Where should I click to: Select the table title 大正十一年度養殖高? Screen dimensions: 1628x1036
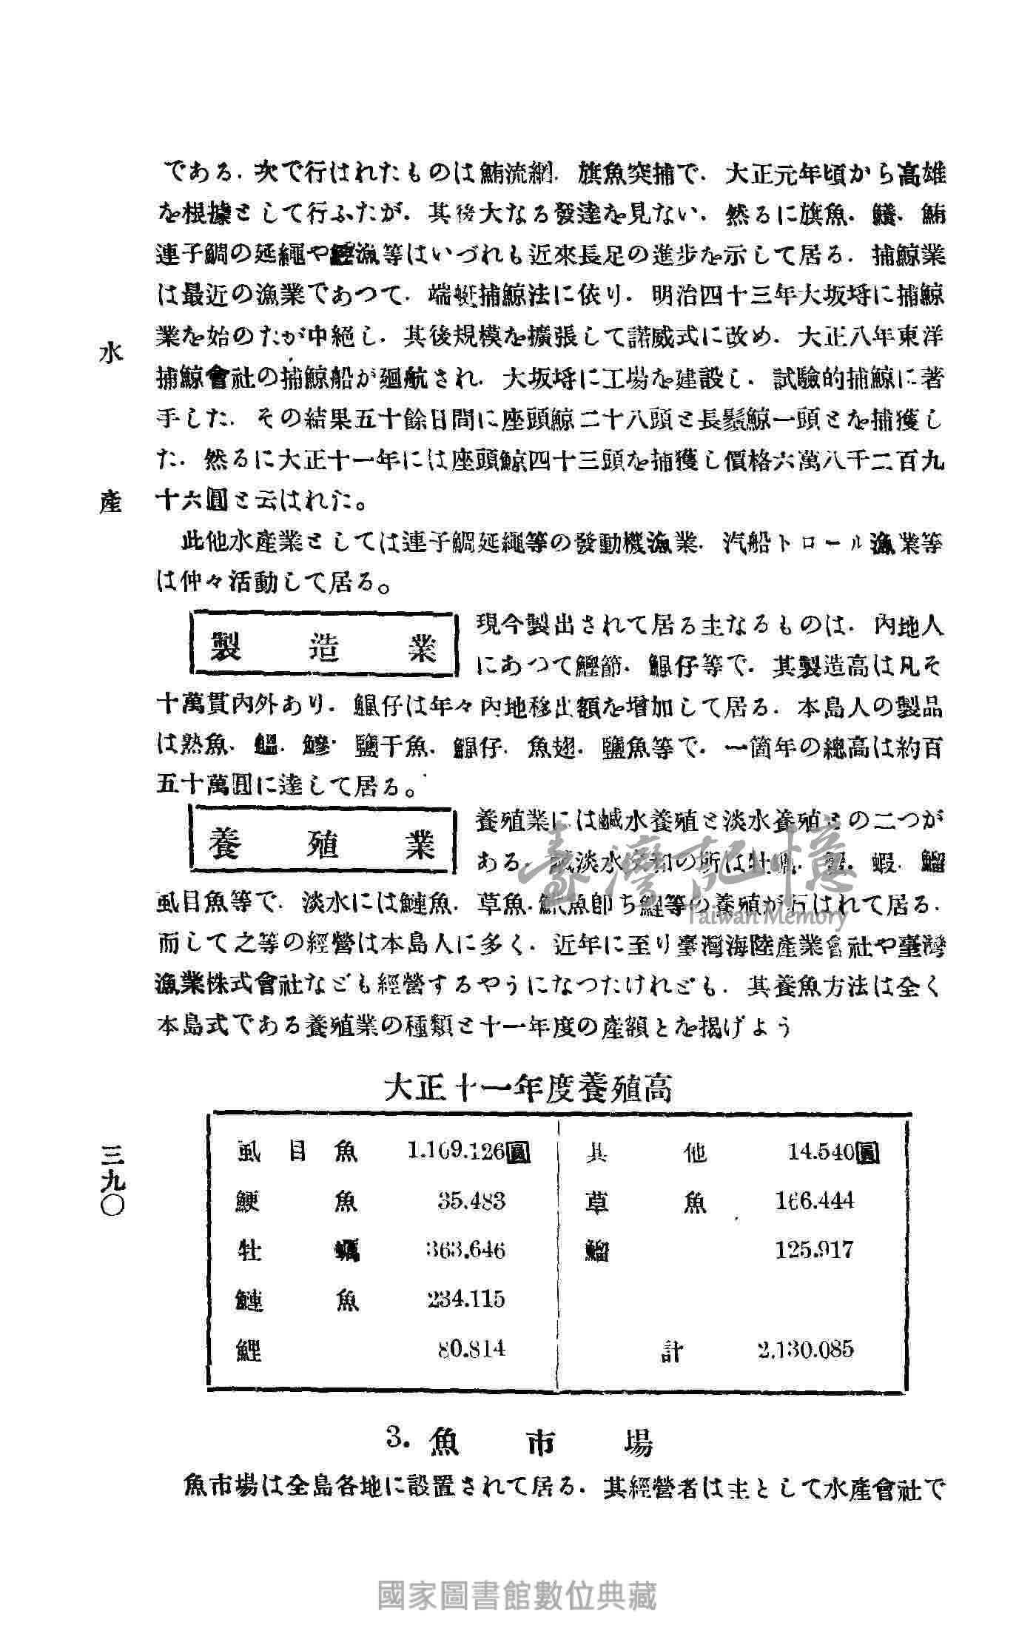527,1089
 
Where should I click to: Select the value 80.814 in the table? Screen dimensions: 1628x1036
471,1348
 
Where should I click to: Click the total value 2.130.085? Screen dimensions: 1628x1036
806,1348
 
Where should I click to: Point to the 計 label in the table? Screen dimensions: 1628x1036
672,1351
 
